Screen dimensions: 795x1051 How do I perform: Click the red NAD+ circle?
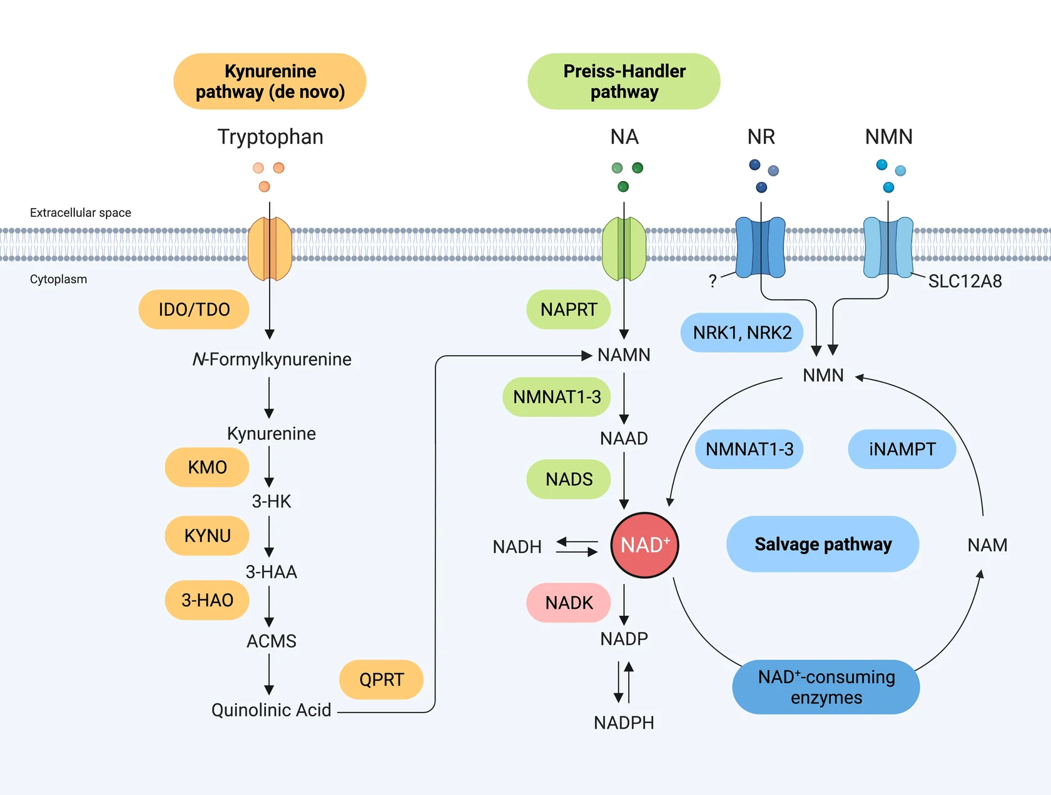click(644, 545)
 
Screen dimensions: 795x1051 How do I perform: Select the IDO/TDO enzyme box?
click(194, 309)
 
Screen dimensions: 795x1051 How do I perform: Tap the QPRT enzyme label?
click(381, 679)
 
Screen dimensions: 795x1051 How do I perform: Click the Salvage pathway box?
click(822, 544)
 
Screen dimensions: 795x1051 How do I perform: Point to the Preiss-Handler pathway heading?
click(624, 81)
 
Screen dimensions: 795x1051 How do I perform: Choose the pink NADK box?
click(569, 602)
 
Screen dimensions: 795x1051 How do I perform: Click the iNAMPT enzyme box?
click(901, 449)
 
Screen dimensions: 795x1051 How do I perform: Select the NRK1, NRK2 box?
click(742, 332)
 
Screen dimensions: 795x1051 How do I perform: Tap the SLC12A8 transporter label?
click(965, 281)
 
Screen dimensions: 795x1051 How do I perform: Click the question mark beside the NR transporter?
click(713, 281)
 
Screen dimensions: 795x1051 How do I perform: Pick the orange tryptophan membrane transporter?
click(270, 249)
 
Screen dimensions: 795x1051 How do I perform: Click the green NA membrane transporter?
click(624, 249)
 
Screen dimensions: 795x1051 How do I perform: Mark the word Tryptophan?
click(270, 137)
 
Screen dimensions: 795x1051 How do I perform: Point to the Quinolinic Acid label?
click(271, 710)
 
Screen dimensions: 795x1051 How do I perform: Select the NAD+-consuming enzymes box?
click(826, 687)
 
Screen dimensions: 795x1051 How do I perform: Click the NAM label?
click(987, 545)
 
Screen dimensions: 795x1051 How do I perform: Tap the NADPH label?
click(624, 722)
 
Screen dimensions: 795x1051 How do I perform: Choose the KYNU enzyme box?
click(207, 536)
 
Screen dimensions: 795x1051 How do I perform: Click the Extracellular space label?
click(81, 212)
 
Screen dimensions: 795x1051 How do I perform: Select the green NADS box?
click(569, 479)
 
